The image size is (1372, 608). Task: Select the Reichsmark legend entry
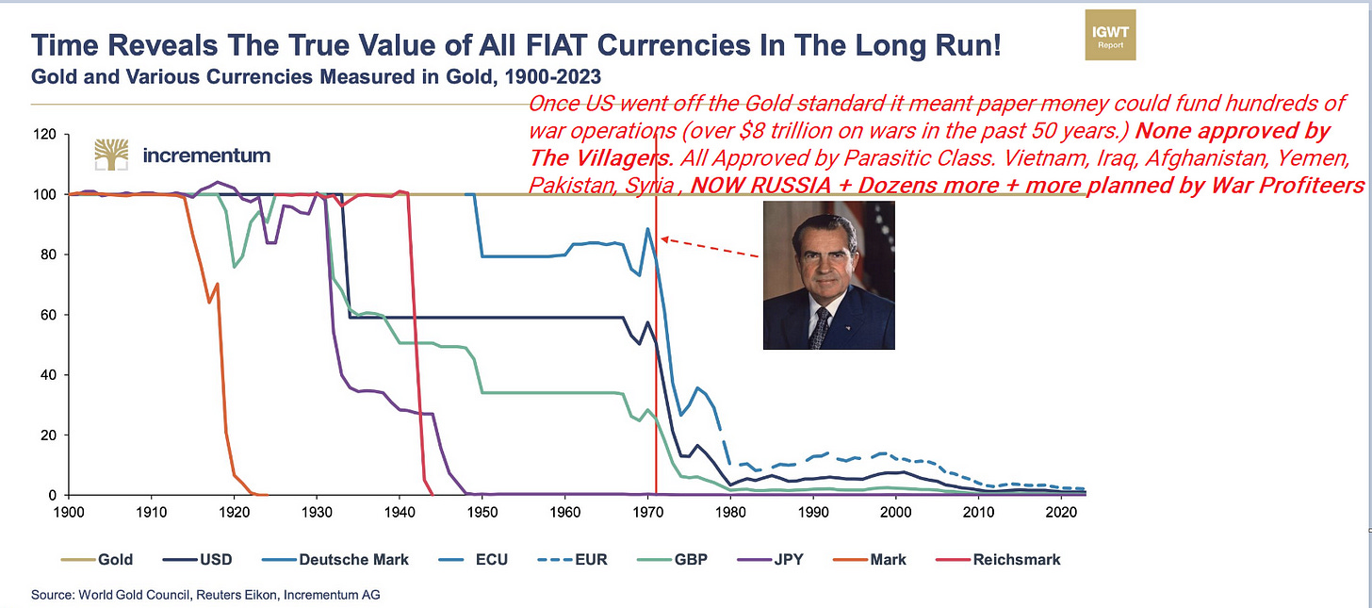(1004, 559)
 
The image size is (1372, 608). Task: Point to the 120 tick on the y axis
(45, 135)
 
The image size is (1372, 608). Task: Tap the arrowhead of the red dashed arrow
(662, 238)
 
